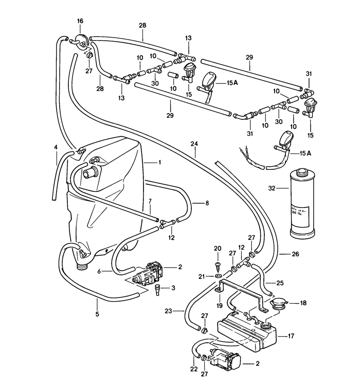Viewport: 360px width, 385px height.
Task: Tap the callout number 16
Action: tap(80, 21)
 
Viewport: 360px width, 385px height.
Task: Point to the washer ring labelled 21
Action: tap(218, 277)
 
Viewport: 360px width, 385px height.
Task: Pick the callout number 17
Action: tap(291, 336)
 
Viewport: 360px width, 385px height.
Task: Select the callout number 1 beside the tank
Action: tap(159, 162)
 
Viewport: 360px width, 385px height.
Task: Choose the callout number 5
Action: tap(97, 313)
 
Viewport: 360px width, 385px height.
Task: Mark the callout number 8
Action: tap(208, 203)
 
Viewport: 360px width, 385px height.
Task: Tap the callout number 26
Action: tap(295, 254)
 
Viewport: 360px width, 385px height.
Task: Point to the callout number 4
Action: tap(56, 148)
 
